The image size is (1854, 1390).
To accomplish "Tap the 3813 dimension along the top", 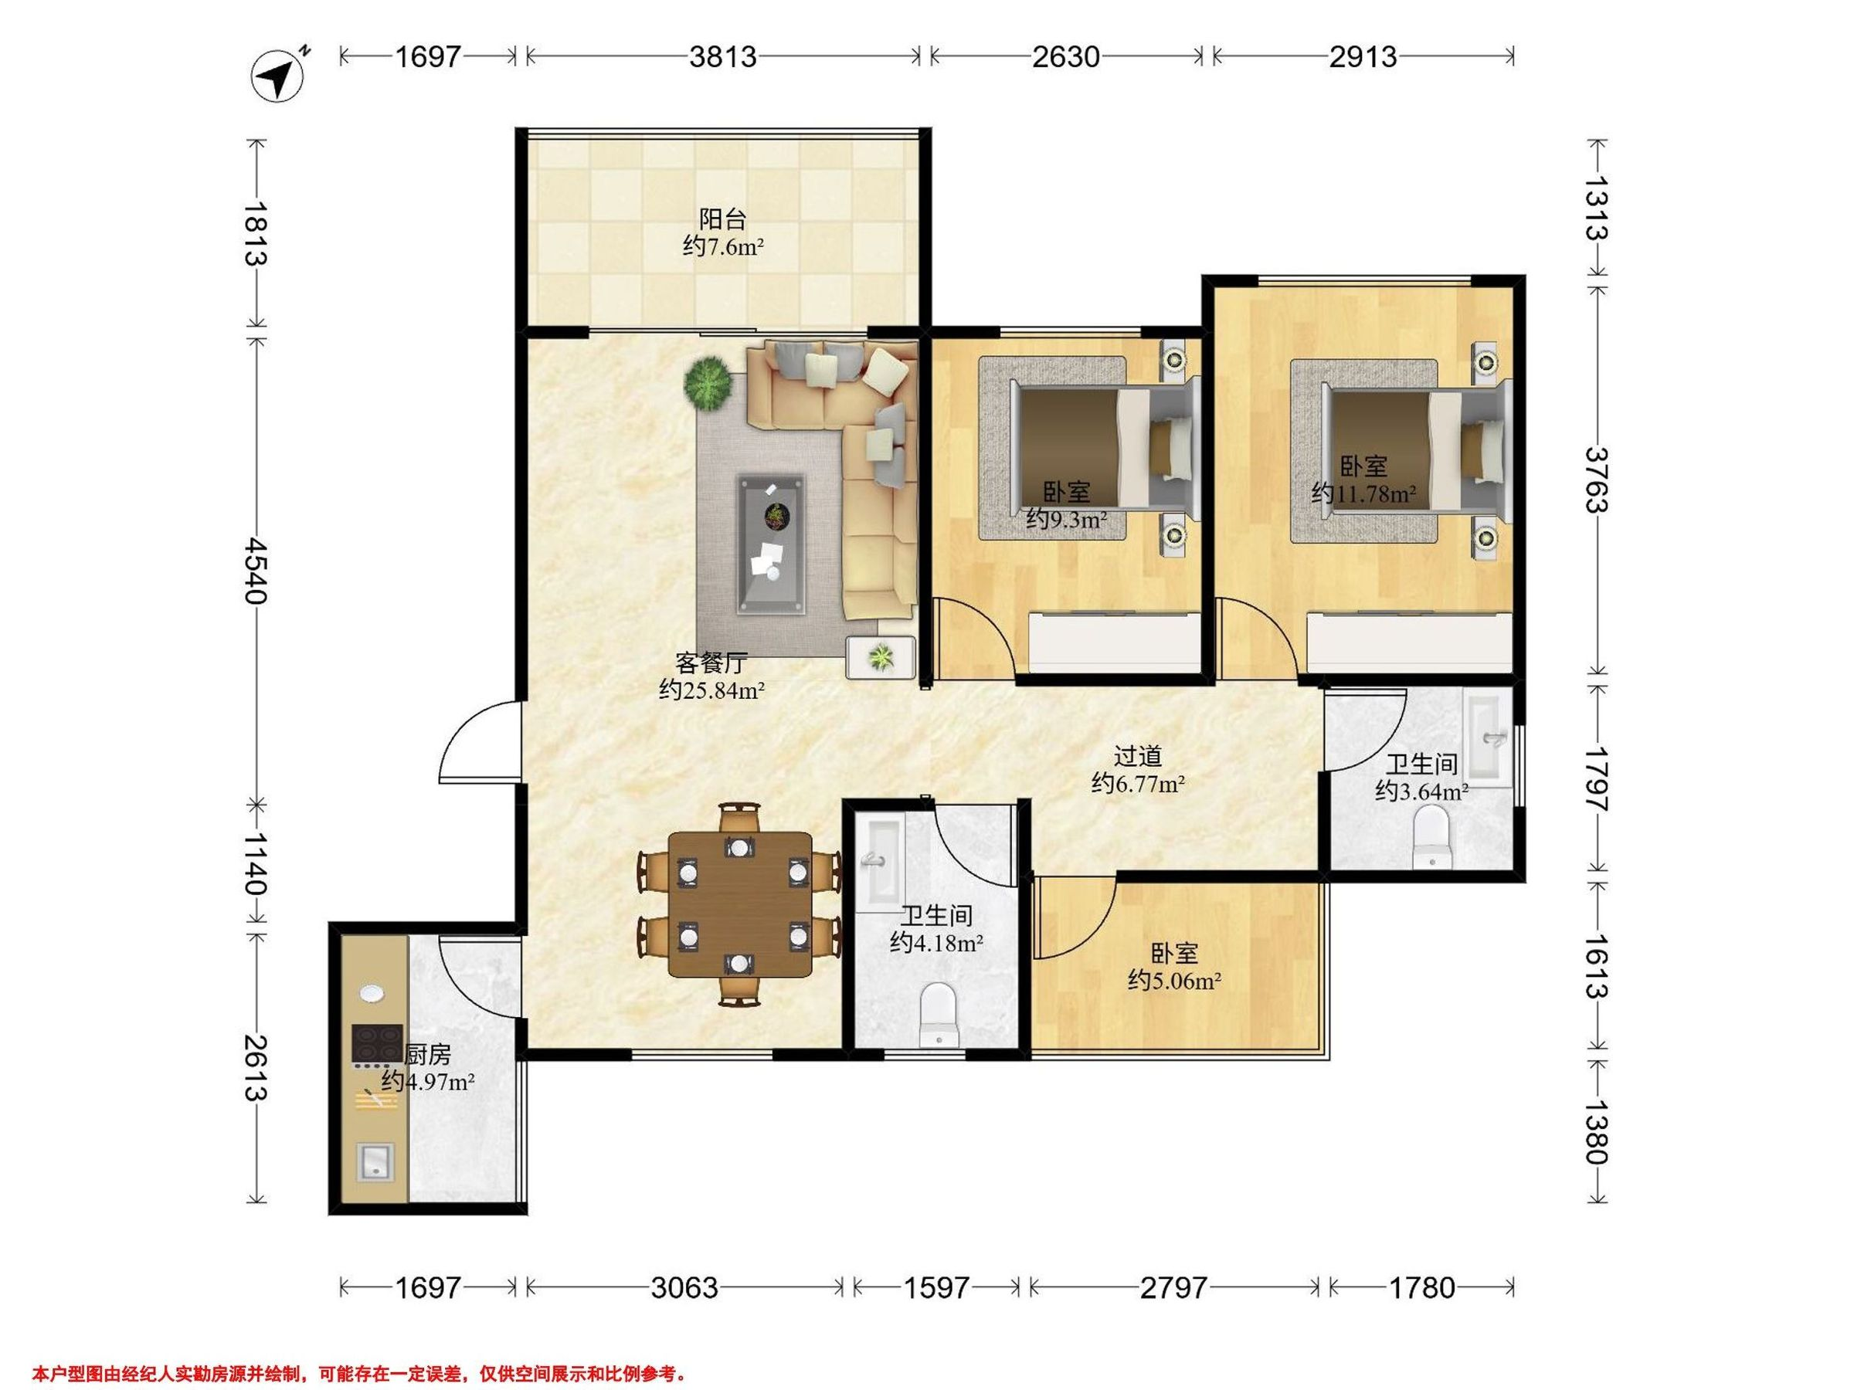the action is tap(722, 56).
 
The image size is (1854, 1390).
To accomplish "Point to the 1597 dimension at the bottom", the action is tap(936, 1287).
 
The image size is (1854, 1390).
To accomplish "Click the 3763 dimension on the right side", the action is tap(1597, 480).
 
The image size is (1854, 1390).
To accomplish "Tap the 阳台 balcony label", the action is tap(722, 219).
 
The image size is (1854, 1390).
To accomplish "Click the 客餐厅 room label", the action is tap(711, 663).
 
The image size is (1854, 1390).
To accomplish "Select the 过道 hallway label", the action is tap(1137, 756).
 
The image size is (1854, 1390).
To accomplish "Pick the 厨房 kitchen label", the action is tap(427, 1054).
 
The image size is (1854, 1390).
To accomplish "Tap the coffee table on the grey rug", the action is tap(770, 544).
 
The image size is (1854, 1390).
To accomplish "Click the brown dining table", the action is tap(740, 904).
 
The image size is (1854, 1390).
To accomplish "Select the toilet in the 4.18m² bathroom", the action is tap(938, 1015).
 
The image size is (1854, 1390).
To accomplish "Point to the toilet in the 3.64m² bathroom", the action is tap(1431, 836).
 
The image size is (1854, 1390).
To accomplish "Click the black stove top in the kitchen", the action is tap(376, 1043).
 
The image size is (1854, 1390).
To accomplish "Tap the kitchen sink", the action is tap(375, 1162).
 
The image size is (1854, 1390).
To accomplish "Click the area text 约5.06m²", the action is tap(1173, 980).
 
